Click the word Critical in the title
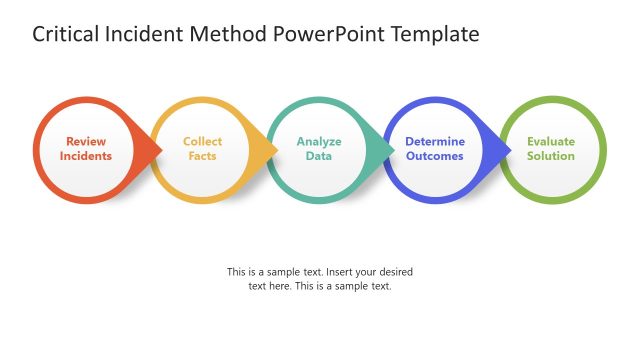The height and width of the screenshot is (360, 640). point(64,35)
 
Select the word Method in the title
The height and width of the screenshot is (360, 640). point(231,35)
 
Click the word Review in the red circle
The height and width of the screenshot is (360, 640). point(86,141)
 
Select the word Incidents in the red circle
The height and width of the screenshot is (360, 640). point(86,156)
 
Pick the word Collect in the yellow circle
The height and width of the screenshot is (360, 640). point(203,141)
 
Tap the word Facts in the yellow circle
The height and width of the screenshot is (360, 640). point(203,156)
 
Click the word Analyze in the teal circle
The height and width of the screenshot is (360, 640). point(319,141)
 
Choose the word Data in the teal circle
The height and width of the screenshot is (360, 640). point(319,156)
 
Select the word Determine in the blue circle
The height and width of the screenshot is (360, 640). point(435,141)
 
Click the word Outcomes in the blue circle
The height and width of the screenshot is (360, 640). point(435,156)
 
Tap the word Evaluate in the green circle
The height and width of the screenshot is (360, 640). point(551,141)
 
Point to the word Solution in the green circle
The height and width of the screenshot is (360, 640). point(551,156)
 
